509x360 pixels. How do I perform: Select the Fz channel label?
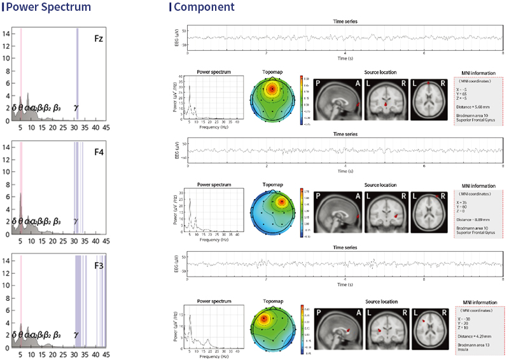click(99, 39)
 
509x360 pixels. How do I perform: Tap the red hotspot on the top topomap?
click(272, 89)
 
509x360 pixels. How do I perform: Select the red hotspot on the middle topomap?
click(281, 203)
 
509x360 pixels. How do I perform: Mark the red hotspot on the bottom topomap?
click(264, 318)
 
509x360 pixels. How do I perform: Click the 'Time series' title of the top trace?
click(345, 21)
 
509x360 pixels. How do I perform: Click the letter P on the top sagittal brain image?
click(319, 83)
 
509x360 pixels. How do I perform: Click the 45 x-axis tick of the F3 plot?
click(106, 355)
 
